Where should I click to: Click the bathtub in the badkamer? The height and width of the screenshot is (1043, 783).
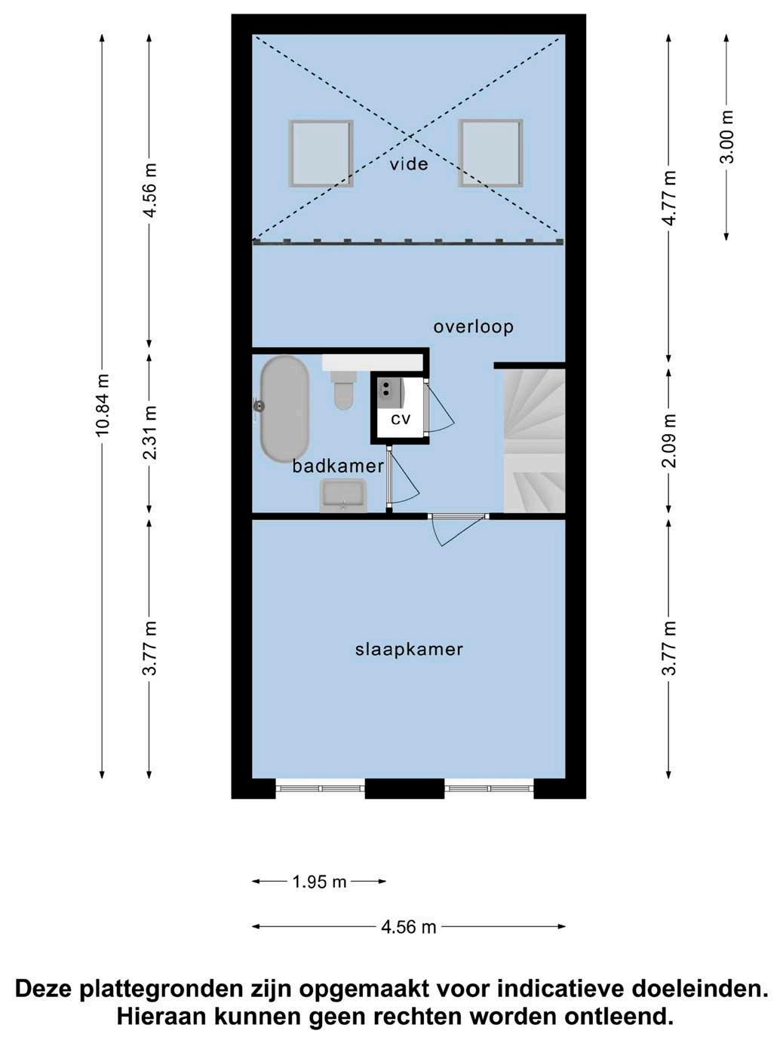point(284,409)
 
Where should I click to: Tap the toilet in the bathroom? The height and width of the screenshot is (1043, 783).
point(344,389)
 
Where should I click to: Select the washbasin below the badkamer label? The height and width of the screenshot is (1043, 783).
point(344,495)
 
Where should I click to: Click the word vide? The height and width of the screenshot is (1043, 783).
point(409,164)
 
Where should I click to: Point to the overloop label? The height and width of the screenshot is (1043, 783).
point(474,326)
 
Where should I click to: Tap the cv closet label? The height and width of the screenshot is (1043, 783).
point(401,419)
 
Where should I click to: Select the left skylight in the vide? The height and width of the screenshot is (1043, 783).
point(321,154)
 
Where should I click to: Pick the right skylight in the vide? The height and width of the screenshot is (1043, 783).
point(490,153)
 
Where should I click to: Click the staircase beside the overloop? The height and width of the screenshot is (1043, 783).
point(534,441)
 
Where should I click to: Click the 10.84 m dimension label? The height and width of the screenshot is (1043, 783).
point(103,405)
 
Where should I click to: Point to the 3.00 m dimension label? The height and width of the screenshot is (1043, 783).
point(727,137)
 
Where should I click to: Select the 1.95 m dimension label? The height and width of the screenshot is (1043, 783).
point(320,882)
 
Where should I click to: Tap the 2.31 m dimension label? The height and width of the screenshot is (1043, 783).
point(150,433)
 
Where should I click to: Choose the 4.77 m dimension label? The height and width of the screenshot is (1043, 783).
point(670,197)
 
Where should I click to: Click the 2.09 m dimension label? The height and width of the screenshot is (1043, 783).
point(670,440)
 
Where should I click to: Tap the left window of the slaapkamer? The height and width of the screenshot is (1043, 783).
point(320,789)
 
